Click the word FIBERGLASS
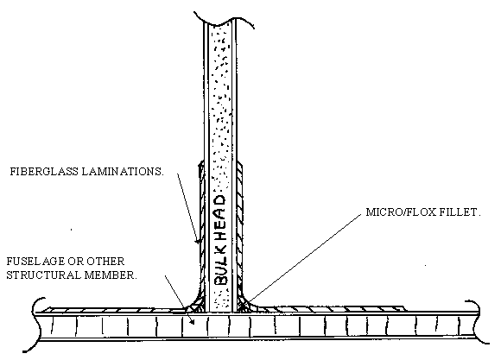44,172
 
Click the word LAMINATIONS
123,172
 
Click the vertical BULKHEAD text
219,240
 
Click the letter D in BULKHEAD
219,200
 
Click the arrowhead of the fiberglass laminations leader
199,240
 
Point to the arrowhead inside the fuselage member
192,322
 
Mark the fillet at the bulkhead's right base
244,304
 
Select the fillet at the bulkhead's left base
195,304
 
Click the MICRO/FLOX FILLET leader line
304,258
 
